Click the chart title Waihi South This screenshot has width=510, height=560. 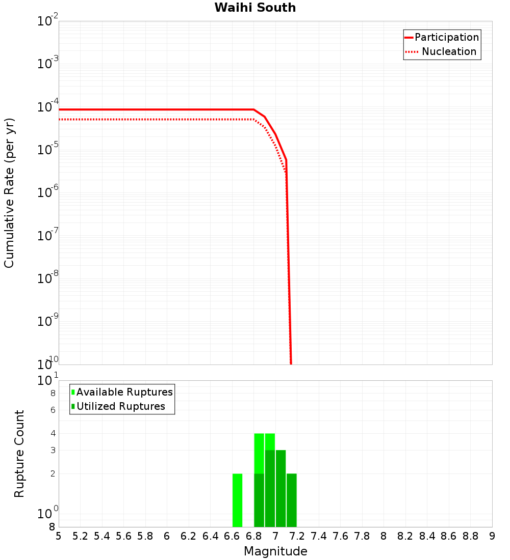[x=255, y=8]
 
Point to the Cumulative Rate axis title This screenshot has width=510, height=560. [x=9, y=192]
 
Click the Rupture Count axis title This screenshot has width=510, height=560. [x=19, y=453]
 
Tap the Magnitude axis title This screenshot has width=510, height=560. [x=275, y=551]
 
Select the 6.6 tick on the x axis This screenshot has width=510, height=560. [x=232, y=536]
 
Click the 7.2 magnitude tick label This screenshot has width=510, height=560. [x=297, y=536]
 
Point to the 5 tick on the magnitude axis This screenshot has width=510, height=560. [x=59, y=536]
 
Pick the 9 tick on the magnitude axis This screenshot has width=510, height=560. [x=492, y=536]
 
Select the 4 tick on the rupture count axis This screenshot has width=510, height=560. [x=53, y=433]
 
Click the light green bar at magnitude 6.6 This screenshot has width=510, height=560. [x=237, y=500]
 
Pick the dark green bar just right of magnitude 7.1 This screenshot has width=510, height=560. [x=291, y=500]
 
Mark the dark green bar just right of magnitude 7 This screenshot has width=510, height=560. [x=280, y=489]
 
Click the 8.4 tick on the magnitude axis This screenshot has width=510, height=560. [x=427, y=536]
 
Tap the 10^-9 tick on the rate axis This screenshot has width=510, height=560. [x=48, y=322]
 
